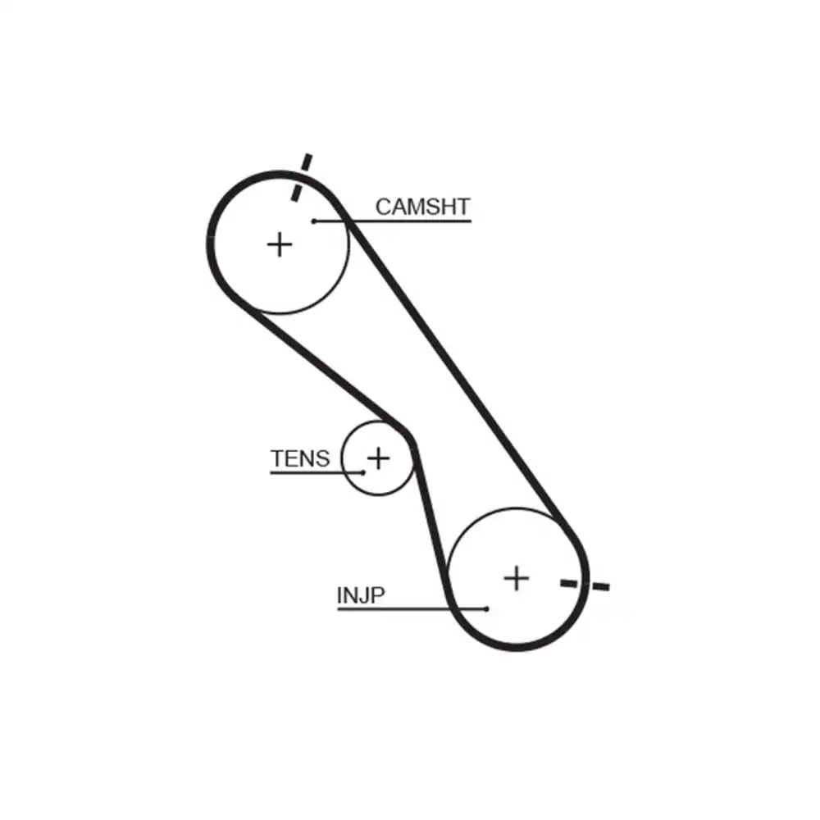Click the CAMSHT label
pyautogui.click(x=422, y=207)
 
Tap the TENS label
pyautogui.click(x=300, y=458)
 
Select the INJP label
pyautogui.click(x=360, y=595)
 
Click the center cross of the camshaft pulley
pyautogui.click(x=280, y=244)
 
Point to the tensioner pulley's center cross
pyautogui.click(x=378, y=458)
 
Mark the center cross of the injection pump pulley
pyautogui.click(x=517, y=578)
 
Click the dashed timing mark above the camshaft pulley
pyautogui.click(x=301, y=176)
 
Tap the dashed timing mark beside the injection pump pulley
pyautogui.click(x=585, y=585)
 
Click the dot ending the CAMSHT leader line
pyautogui.click(x=314, y=221)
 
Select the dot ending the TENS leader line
pyautogui.click(x=362, y=472)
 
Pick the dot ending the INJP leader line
pyautogui.click(x=487, y=608)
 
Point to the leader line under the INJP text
pyautogui.click(x=410, y=608)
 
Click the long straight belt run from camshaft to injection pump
pyautogui.click(x=459, y=369)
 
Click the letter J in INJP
pyautogui.click(x=360, y=595)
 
